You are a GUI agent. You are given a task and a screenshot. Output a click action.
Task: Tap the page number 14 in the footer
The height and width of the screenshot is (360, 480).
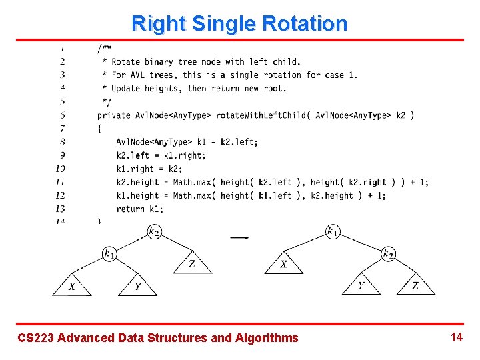pos(457,337)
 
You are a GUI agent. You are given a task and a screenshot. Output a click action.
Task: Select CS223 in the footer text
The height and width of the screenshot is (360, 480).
pos(35,338)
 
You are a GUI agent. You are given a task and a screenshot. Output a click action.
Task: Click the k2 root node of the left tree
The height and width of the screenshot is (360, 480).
pos(154,232)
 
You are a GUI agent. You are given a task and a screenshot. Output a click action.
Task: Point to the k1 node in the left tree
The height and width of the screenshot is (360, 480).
pos(110,254)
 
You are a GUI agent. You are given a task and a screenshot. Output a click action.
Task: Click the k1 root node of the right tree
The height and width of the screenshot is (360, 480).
pos(333,232)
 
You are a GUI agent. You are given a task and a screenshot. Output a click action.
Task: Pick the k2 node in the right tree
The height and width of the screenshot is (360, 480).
pos(387,254)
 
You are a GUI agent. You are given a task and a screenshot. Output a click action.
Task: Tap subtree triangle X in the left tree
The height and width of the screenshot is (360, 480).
pos(72,285)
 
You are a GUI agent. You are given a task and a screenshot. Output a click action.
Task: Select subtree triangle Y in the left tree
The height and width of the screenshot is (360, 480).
pos(137,285)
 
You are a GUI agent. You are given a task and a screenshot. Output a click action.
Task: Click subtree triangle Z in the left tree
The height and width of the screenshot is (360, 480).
pos(192,263)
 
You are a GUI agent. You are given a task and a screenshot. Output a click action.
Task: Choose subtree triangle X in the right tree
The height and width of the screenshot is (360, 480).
pos(284,263)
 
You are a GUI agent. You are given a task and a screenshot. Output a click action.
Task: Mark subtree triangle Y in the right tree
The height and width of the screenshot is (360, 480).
pos(361,285)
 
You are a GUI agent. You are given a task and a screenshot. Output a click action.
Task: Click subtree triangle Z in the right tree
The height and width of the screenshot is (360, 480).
pos(415,285)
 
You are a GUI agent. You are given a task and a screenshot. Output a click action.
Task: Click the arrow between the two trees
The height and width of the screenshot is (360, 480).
pos(239,237)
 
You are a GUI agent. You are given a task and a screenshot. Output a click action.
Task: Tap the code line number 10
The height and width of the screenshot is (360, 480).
pos(61,169)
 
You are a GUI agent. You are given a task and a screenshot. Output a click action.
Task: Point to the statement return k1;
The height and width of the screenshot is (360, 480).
pos(139,209)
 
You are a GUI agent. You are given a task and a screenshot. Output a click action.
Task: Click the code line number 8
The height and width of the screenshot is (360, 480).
pos(62,142)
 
